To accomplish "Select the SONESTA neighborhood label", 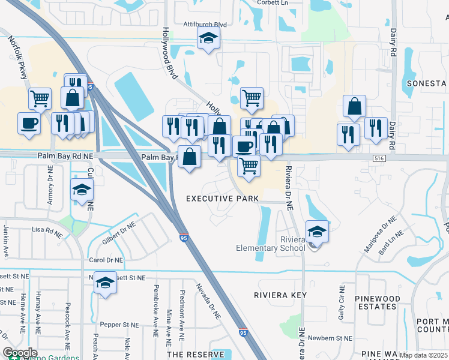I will click(x=427, y=83).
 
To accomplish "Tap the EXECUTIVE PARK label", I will click(x=222, y=198).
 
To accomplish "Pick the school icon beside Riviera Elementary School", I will click(x=316, y=231).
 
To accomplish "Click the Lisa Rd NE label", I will click(x=47, y=229).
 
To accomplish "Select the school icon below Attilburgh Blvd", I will click(x=209, y=38).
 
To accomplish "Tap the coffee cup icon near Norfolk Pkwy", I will click(x=29, y=123).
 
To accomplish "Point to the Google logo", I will click(x=20, y=353).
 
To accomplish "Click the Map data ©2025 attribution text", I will click(x=423, y=355).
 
